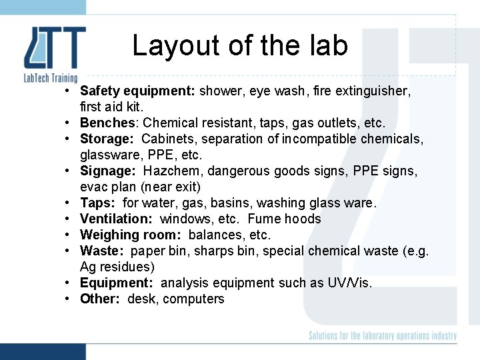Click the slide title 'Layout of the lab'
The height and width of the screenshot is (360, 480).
point(240,45)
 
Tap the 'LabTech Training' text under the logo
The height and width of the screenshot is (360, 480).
point(51,79)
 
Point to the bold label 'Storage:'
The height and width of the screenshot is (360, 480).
point(107,139)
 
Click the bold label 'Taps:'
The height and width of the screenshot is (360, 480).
point(98,203)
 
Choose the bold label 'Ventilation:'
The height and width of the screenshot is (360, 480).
point(117,219)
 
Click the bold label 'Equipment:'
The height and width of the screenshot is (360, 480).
point(117,283)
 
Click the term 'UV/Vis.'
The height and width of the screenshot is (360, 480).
point(349,283)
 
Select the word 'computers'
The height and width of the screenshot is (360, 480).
point(193,299)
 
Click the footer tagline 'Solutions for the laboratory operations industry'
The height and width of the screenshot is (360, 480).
point(383,336)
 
